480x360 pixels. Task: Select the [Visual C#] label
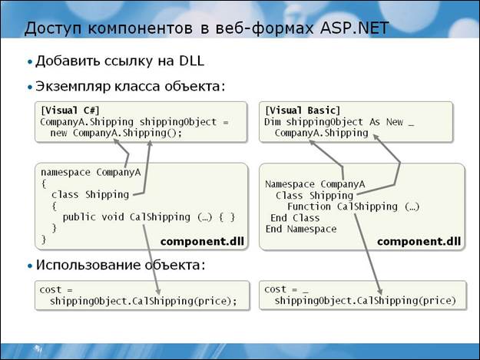[69, 111]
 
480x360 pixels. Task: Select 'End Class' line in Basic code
[295, 218]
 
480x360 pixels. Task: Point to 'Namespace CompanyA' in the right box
[314, 184]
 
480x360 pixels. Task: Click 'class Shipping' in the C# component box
[84, 195]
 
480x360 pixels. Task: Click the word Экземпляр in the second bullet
[74, 87]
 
